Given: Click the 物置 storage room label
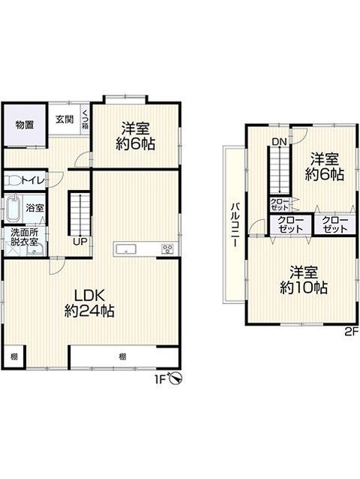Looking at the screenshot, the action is (x=25, y=125).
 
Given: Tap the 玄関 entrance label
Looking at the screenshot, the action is (x=65, y=119).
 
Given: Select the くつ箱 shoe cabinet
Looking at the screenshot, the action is (x=85, y=119).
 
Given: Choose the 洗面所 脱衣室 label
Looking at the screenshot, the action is (x=25, y=236).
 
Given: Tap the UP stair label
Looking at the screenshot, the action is (x=80, y=242).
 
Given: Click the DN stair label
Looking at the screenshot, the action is (x=280, y=141).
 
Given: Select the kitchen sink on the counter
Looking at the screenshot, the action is (x=126, y=249).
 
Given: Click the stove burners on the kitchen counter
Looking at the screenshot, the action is (x=168, y=249).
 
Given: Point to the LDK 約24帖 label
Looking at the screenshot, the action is (x=89, y=303).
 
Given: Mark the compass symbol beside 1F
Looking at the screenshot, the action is (x=177, y=379).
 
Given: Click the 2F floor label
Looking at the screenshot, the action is (x=351, y=331).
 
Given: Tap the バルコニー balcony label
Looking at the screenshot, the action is (x=235, y=224).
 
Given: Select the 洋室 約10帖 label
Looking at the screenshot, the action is (x=304, y=280).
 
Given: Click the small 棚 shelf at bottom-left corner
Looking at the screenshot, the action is (x=14, y=356).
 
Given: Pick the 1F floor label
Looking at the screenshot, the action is (x=160, y=379).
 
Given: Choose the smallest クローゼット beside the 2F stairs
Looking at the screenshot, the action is (x=280, y=204).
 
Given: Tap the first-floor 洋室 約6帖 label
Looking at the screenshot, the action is (x=135, y=136).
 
